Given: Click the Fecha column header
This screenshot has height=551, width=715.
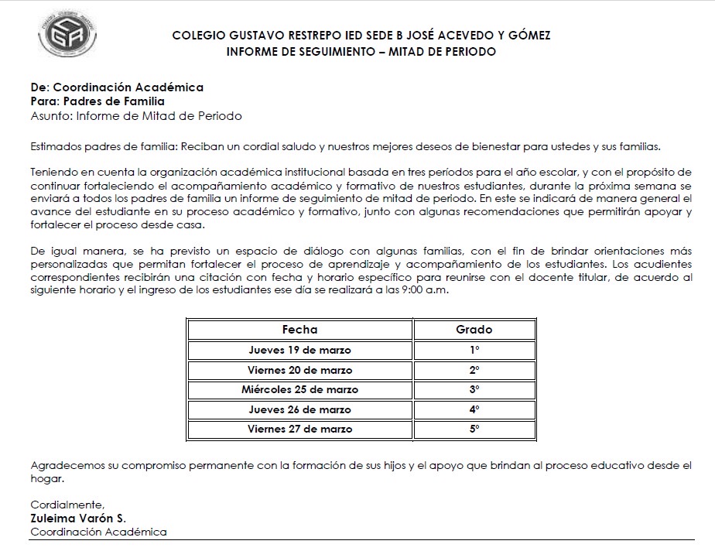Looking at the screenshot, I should (x=299, y=329).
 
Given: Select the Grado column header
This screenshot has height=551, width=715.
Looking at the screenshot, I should (x=474, y=329).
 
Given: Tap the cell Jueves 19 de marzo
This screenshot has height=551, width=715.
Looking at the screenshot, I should (x=299, y=350).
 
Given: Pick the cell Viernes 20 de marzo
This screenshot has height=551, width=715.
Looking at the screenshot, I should (x=299, y=370).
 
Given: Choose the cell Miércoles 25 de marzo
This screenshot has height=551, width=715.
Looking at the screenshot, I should (x=299, y=389).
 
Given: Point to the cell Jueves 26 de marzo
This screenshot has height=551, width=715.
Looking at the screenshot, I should (x=299, y=409).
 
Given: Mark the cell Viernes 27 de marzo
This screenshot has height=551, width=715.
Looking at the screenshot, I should (x=299, y=429).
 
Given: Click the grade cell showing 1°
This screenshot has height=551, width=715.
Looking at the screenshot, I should (x=474, y=350).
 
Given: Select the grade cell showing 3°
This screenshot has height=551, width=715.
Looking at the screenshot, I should (x=474, y=389).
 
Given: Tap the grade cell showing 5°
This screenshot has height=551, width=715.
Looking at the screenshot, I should (x=474, y=429).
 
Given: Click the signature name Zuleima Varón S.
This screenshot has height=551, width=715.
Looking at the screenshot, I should (x=78, y=518).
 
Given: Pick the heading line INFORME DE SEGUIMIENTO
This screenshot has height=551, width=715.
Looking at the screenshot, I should (x=361, y=52).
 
